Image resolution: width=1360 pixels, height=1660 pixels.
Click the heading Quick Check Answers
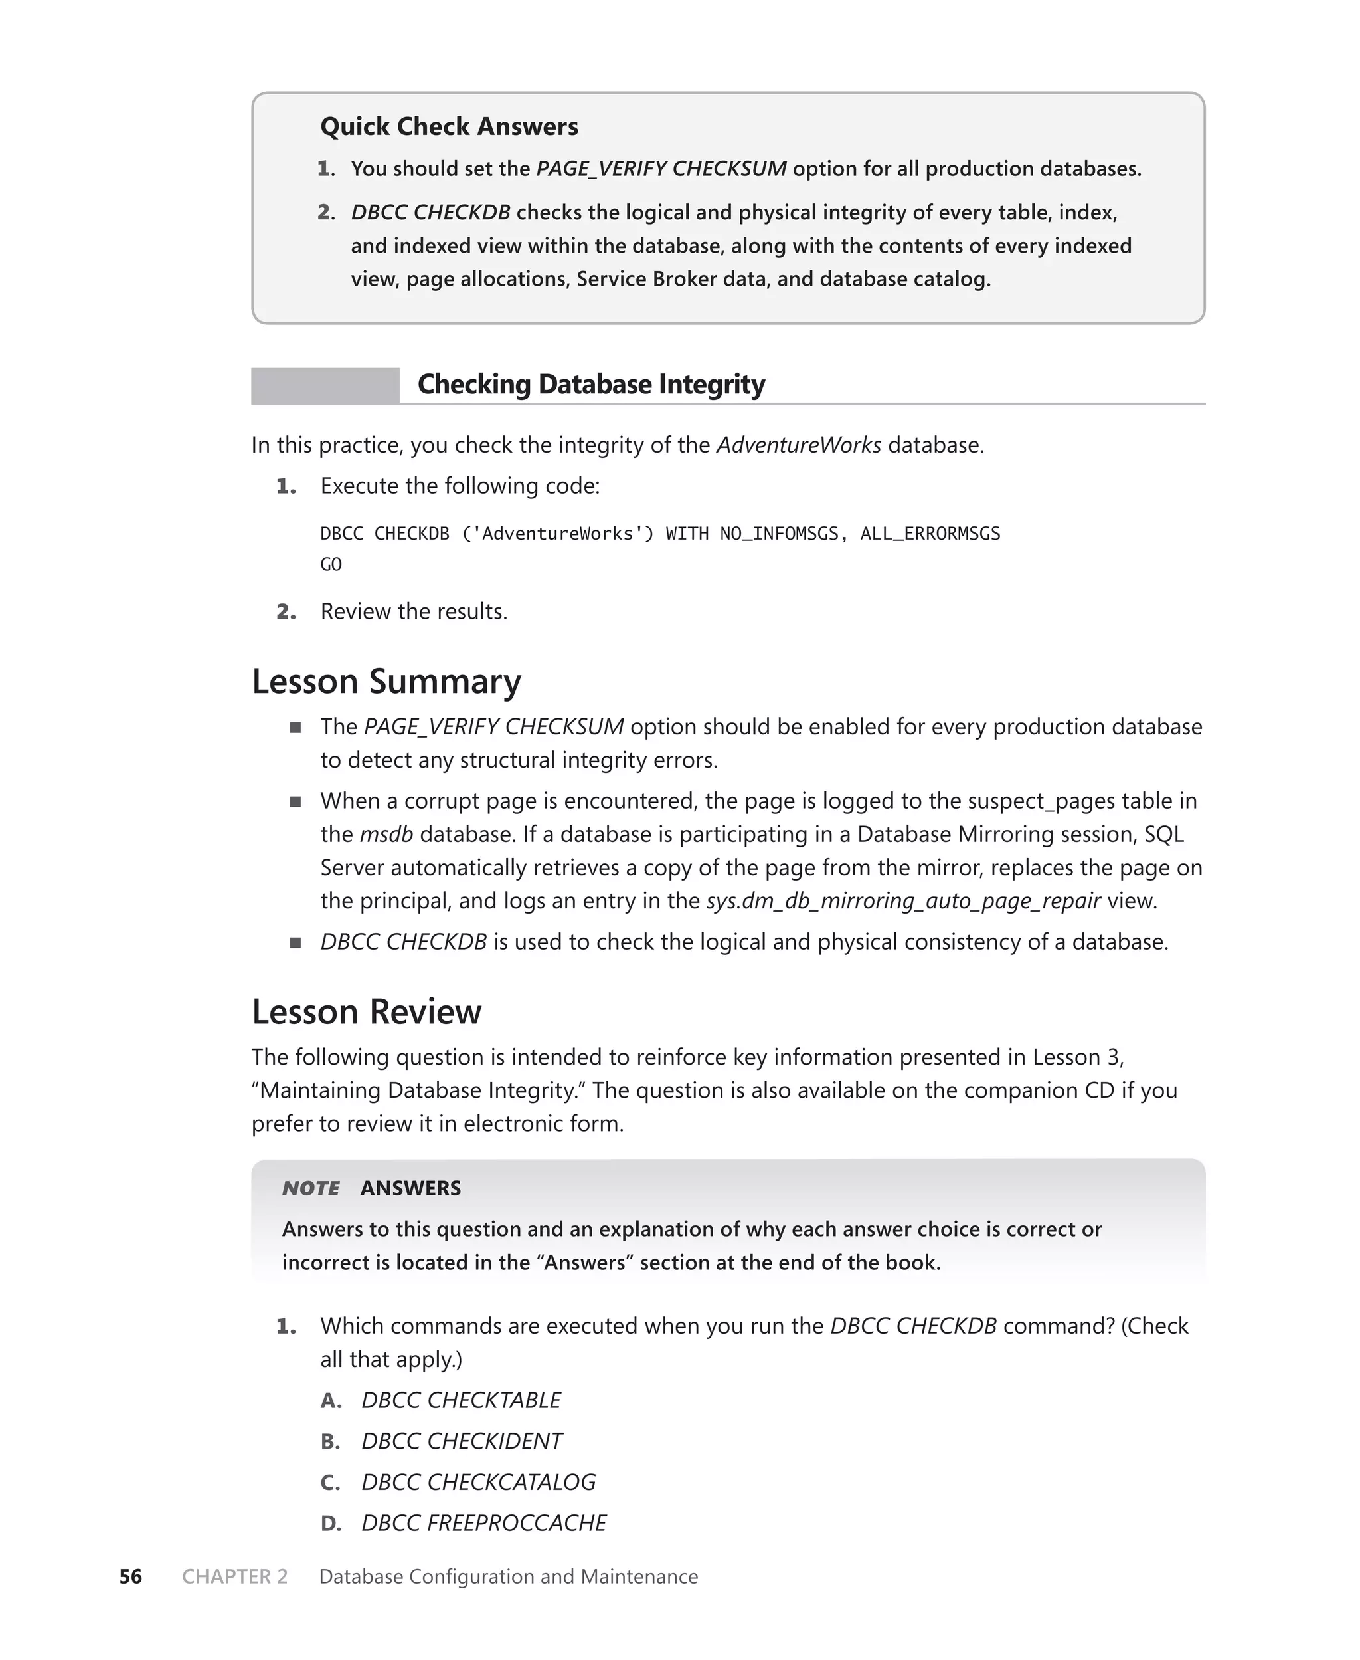[x=449, y=126]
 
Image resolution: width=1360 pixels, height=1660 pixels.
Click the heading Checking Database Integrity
[x=591, y=384]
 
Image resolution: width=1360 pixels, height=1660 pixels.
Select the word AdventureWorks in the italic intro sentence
[x=798, y=445]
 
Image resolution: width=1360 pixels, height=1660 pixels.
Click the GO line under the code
[x=331, y=564]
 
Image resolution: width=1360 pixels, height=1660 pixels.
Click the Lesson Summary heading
[x=386, y=681]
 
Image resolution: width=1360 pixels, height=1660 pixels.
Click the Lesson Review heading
[x=366, y=1012]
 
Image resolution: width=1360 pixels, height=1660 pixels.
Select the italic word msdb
[x=386, y=834]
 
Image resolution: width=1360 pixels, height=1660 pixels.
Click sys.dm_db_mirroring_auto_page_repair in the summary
[x=903, y=900]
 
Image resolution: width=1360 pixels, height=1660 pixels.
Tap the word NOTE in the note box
[x=311, y=1188]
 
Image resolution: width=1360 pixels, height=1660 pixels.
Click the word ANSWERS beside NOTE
[x=410, y=1188]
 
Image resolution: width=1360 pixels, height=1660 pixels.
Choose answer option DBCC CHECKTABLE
[x=461, y=1400]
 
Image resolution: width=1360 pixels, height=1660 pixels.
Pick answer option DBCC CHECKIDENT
[x=462, y=1441]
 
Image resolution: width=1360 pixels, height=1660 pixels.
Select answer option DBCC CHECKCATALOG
[x=478, y=1482]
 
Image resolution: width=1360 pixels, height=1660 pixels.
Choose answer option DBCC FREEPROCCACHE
[x=483, y=1523]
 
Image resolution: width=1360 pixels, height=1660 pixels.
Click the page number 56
[x=131, y=1576]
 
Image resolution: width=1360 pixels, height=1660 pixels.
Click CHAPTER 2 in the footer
[x=235, y=1576]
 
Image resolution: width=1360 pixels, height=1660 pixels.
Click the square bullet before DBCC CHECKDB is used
[x=296, y=943]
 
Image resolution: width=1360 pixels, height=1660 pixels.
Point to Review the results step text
[x=414, y=611]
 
